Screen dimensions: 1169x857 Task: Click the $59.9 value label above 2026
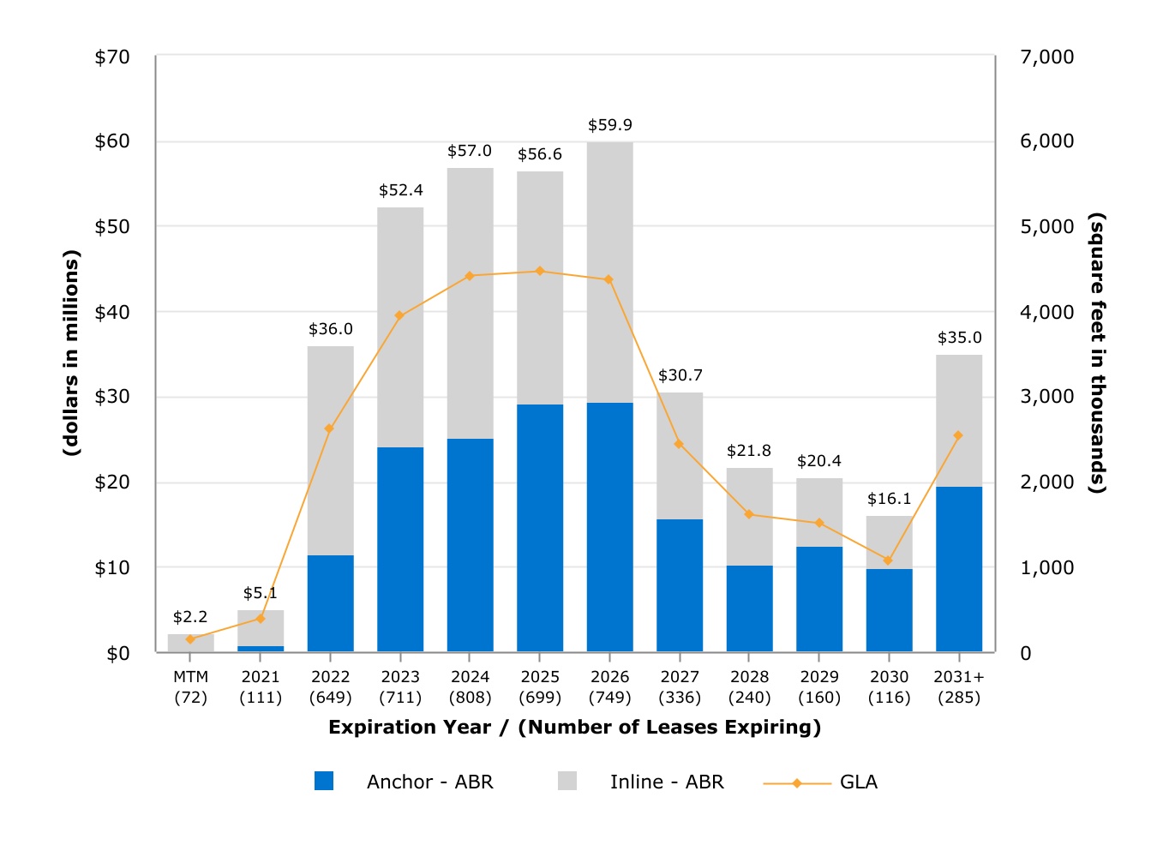point(609,125)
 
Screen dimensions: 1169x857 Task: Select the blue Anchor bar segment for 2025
point(540,528)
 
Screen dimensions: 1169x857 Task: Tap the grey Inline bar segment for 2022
point(330,451)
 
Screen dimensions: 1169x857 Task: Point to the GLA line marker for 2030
point(888,560)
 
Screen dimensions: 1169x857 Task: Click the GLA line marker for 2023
point(399,315)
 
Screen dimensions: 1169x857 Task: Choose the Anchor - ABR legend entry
point(404,782)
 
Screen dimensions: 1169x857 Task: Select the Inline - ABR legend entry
point(641,782)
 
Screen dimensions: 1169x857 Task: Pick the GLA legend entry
point(820,782)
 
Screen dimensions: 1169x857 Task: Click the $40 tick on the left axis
point(111,313)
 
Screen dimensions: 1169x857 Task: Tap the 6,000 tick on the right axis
point(1047,141)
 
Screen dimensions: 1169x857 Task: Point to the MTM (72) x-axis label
point(190,687)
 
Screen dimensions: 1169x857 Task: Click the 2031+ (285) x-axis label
point(959,687)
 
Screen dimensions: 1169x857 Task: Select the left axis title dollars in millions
point(71,353)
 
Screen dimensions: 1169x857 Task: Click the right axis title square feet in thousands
point(1097,353)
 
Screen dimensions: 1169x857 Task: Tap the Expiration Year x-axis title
point(574,727)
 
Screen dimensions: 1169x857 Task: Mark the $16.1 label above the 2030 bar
point(889,499)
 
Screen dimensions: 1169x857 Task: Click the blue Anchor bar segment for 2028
point(749,608)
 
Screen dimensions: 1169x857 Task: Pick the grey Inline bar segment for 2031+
point(959,421)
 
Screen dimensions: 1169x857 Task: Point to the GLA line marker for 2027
point(679,444)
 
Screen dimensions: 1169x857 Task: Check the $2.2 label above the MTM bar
point(190,617)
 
